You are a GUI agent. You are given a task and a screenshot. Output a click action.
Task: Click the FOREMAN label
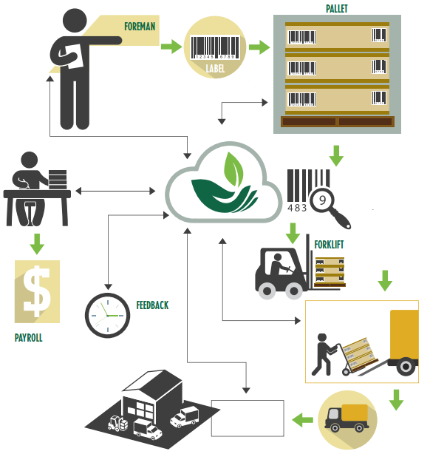click(140, 27)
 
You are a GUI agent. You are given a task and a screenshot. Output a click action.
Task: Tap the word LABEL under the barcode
click(215, 69)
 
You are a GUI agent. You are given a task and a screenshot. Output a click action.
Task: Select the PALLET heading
click(336, 9)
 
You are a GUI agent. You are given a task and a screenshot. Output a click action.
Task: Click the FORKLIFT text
click(329, 245)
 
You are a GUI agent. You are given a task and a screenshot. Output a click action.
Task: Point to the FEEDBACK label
click(152, 305)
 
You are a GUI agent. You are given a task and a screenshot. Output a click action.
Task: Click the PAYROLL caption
click(28, 338)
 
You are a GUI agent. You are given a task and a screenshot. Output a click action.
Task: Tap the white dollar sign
click(37, 291)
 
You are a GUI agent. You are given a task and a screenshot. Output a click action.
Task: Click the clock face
click(107, 315)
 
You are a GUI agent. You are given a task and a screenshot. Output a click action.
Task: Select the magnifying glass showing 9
click(330, 207)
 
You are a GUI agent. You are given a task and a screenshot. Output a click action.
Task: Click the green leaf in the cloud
click(233, 169)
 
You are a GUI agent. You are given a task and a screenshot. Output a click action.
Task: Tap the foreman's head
click(75, 21)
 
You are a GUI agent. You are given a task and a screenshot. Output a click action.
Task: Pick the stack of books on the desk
click(58, 180)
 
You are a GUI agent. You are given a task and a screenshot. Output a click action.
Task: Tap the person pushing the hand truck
click(324, 354)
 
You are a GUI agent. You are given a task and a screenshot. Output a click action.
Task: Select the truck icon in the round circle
click(347, 418)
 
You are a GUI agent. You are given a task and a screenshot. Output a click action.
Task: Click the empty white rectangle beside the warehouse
click(248, 418)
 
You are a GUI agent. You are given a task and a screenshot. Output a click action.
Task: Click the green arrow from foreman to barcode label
click(171, 47)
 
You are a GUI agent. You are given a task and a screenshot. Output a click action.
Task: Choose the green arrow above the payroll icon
click(37, 244)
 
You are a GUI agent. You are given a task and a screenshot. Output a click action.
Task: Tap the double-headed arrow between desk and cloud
click(115, 191)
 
